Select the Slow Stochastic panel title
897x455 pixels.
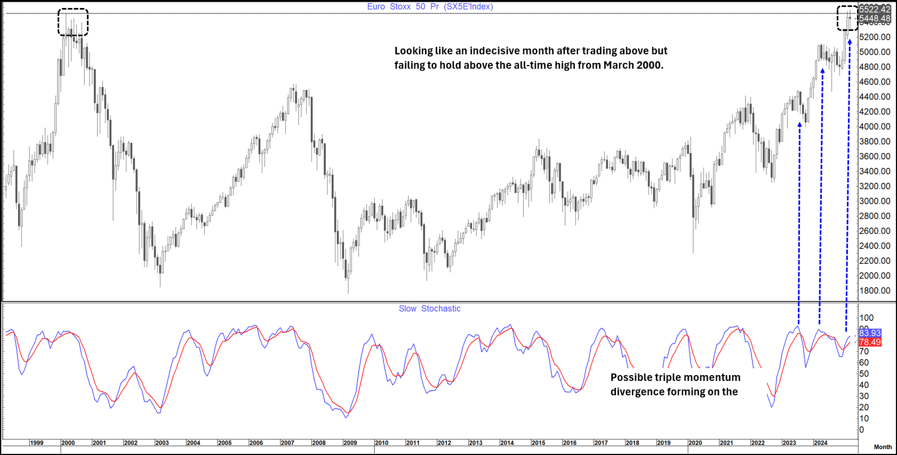[x=429, y=308]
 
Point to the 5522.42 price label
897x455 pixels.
[x=875, y=9]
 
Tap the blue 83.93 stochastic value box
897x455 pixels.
[x=870, y=333]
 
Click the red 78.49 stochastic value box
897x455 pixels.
[x=870, y=342]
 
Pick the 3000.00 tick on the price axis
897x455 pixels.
[x=875, y=201]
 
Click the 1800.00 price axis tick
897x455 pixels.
[x=875, y=290]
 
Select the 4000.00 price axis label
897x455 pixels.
[x=875, y=126]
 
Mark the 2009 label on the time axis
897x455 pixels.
[x=350, y=443]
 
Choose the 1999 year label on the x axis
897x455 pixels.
[x=37, y=443]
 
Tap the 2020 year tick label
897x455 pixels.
[x=695, y=443]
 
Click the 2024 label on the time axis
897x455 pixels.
[x=821, y=443]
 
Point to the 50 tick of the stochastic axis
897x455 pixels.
[x=864, y=373]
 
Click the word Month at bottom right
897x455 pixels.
[x=883, y=447]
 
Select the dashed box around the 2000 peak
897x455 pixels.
[x=73, y=22]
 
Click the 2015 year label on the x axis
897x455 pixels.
[x=539, y=443]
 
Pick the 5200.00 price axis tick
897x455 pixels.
[x=875, y=37]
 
